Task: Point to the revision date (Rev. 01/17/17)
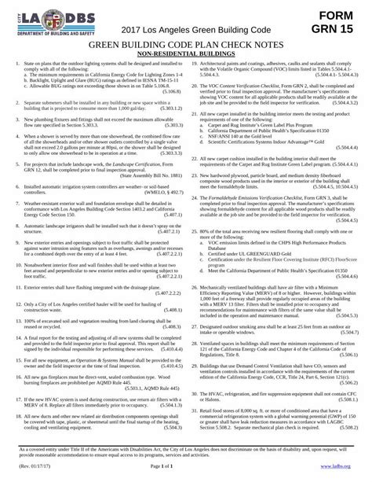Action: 31,465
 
